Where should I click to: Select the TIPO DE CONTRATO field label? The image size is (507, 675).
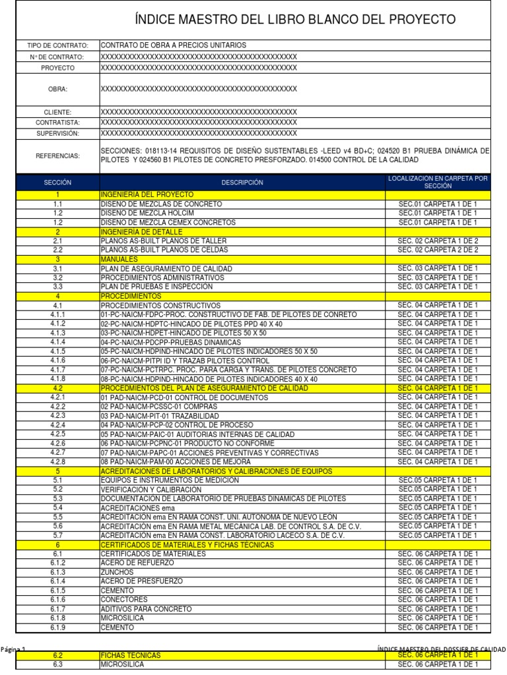(57, 45)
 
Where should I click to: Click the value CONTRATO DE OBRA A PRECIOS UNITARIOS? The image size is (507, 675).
(173, 45)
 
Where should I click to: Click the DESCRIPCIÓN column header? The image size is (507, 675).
(242, 182)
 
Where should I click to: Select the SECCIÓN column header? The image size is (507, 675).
(57, 182)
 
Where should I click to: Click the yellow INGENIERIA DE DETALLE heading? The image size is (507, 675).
(141, 232)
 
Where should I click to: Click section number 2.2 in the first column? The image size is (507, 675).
(57, 250)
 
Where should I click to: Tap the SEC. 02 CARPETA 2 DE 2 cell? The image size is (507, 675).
(438, 250)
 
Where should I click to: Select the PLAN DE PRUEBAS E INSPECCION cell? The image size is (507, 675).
(156, 287)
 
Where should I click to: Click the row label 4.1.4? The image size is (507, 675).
(57, 343)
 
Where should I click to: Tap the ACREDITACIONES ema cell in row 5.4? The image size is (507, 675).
(139, 508)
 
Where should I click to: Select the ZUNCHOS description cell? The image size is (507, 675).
(116, 573)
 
